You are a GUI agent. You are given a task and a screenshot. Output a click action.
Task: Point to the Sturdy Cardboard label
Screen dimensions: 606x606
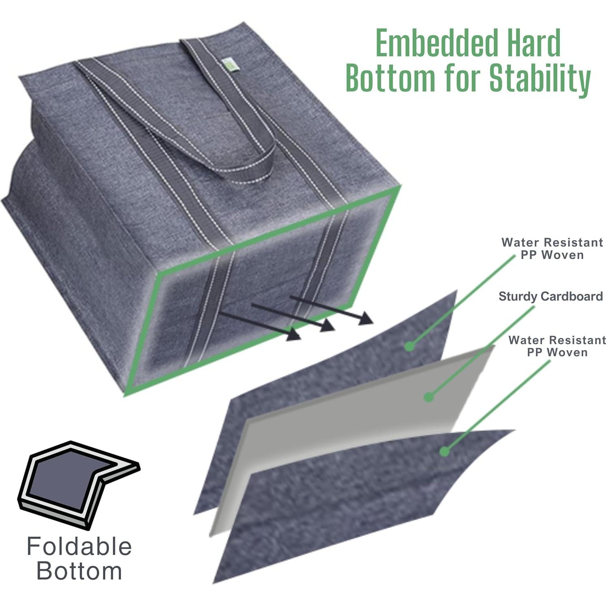tap(551, 296)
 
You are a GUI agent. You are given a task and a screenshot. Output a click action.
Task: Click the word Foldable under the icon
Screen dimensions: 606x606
tap(79, 546)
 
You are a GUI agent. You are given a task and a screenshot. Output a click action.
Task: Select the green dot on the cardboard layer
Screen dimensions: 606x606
tap(429, 397)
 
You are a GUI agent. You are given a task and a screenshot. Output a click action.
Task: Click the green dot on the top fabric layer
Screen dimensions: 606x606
tap(410, 346)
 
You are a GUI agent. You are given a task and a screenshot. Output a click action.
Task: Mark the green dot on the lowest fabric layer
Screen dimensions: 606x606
tap(444, 451)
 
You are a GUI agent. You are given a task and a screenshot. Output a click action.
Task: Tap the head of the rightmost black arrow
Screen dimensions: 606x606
tap(366, 318)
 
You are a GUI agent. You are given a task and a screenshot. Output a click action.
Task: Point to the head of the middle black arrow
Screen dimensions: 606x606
tap(328, 325)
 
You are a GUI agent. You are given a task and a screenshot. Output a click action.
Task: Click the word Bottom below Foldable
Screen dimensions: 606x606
tap(79, 571)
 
